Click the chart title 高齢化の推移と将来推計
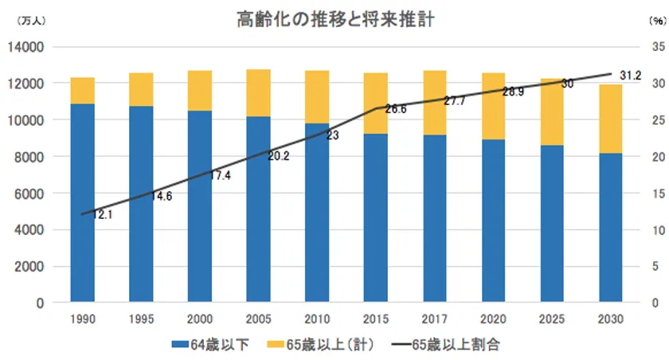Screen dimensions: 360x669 [x=334, y=20]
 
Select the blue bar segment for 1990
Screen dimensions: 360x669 [x=82, y=203]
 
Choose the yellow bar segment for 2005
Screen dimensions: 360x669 [x=258, y=93]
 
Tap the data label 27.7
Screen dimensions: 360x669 [x=455, y=101]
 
